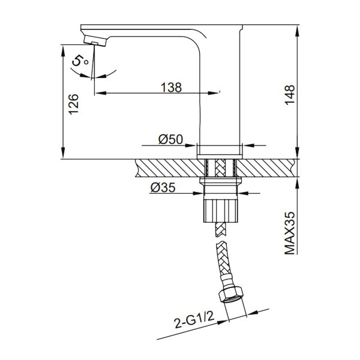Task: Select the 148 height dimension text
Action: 290,95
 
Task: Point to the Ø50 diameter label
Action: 170,139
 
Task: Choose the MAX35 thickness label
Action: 290,233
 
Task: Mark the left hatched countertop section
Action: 168,167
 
